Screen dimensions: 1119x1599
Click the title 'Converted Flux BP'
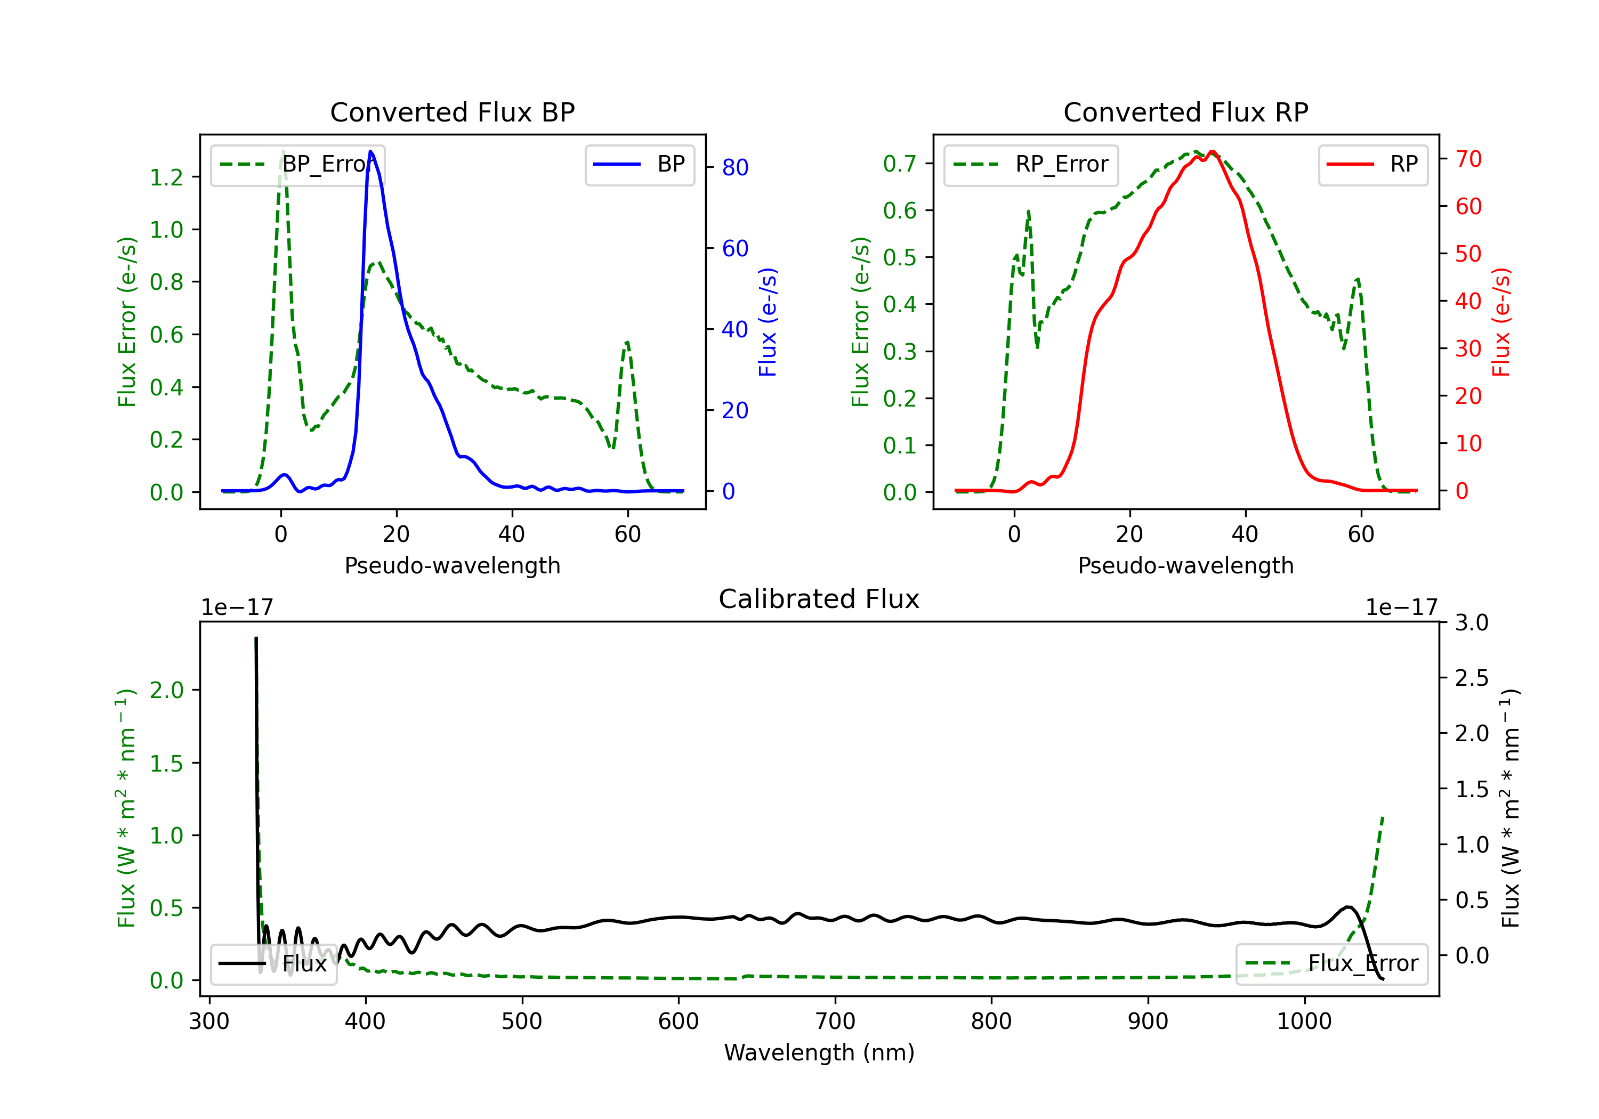pyautogui.click(x=452, y=112)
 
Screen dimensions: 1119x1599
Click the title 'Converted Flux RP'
pyautogui.click(x=1185, y=112)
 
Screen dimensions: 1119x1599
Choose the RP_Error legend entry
pyautogui.click(x=1031, y=164)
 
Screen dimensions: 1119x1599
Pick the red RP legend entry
pyautogui.click(x=1372, y=164)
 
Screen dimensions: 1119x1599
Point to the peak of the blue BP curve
pyautogui.click(x=370, y=151)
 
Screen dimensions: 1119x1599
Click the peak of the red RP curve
pyautogui.click(x=1213, y=152)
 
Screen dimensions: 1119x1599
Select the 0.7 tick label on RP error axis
pyautogui.click(x=899, y=164)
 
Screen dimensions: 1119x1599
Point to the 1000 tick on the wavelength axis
pyautogui.click(x=1304, y=1021)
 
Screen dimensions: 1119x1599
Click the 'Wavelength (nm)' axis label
pyautogui.click(x=819, y=1052)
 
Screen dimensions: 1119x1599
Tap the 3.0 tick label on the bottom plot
pyautogui.click(x=1472, y=622)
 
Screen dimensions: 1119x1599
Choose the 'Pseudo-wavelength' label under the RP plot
pyautogui.click(x=1185, y=565)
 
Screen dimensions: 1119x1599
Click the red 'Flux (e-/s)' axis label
pyautogui.click(x=1501, y=322)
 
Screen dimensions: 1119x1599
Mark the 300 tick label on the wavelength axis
pyautogui.click(x=209, y=1021)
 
